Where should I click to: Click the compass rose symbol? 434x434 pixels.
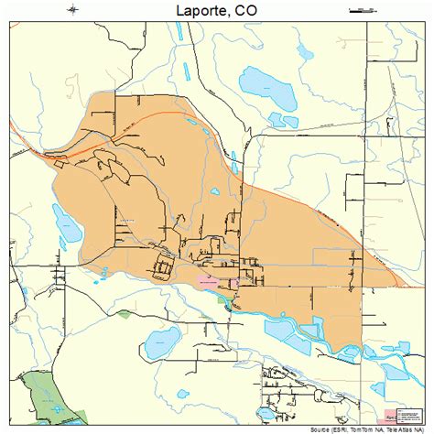tap(74, 10)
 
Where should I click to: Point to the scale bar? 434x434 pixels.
tap(363, 10)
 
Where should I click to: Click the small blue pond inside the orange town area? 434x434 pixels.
tap(213, 190)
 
